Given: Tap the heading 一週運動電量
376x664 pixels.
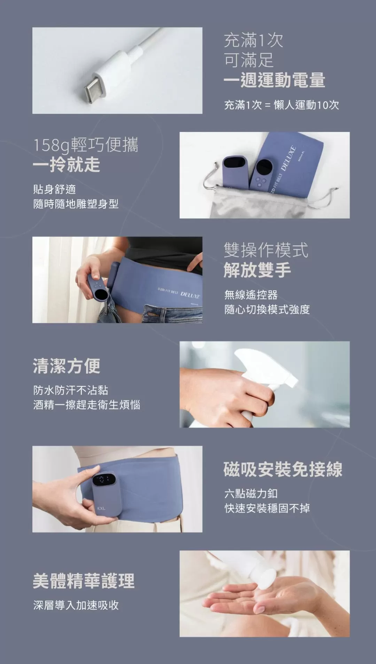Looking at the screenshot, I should click(274, 80).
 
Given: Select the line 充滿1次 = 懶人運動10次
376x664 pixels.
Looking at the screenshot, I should click(281, 105).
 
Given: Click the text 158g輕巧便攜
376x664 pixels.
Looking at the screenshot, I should click(86, 145).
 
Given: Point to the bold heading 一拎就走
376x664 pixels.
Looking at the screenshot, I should click(66, 165).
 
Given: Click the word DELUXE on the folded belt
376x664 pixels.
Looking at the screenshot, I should click(289, 158).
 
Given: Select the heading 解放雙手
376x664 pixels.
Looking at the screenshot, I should click(257, 270).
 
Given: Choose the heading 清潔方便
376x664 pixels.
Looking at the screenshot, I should click(66, 366).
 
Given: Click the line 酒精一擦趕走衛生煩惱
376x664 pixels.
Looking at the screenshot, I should click(87, 405).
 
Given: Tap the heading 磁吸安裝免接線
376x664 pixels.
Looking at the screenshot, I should click(283, 469).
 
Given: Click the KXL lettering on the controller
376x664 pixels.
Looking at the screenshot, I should click(101, 508).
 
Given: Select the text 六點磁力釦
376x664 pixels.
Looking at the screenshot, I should click(251, 493).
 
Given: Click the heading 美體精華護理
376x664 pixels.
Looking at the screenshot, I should click(84, 581).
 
